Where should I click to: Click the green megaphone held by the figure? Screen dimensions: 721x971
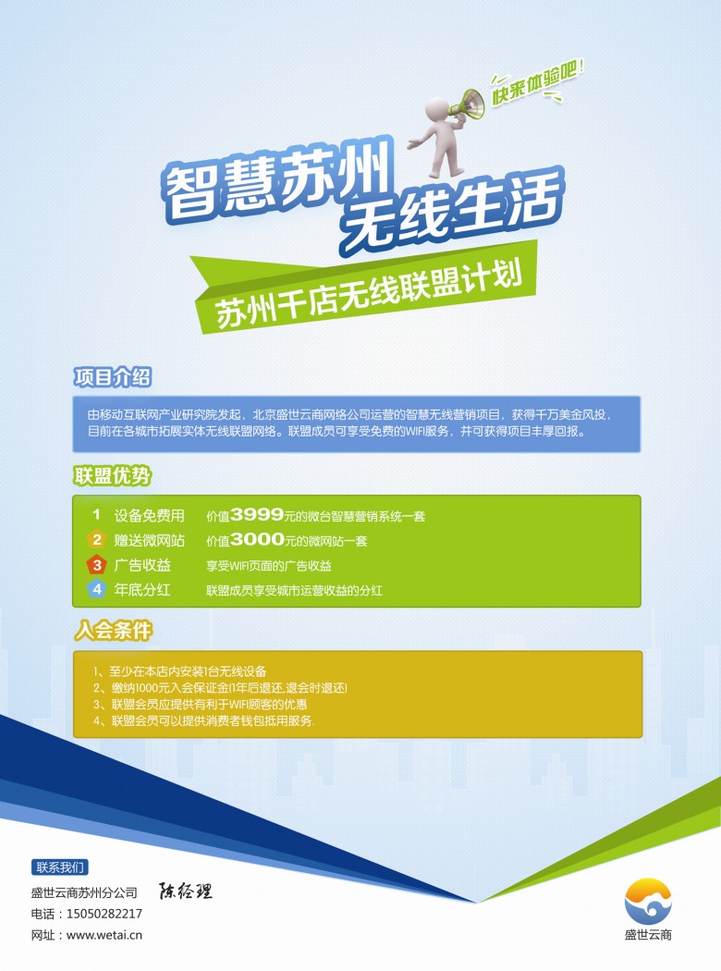coord(467,106)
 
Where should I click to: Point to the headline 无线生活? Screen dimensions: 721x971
coord(453,211)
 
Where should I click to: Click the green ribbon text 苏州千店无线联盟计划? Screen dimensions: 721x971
coord(368,295)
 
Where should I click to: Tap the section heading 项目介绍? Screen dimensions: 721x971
coord(112,376)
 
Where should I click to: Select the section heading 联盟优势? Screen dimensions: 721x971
coord(112,475)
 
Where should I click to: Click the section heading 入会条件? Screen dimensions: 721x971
coord(114,631)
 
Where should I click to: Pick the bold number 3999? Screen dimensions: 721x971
coord(257,514)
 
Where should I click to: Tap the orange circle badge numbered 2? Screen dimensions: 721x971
coord(96,539)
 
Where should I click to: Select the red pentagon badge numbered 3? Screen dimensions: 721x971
coord(96,565)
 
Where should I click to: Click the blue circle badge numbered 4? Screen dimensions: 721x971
coord(96,589)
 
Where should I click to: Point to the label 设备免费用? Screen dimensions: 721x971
coord(149,515)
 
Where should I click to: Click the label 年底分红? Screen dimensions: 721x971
coord(142,590)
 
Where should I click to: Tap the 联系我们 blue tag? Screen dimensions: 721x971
coord(59,867)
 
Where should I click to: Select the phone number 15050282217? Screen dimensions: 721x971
coord(104,914)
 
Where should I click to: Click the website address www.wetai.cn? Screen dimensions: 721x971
coord(104,935)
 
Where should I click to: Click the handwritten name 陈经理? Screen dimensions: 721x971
coord(185,891)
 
